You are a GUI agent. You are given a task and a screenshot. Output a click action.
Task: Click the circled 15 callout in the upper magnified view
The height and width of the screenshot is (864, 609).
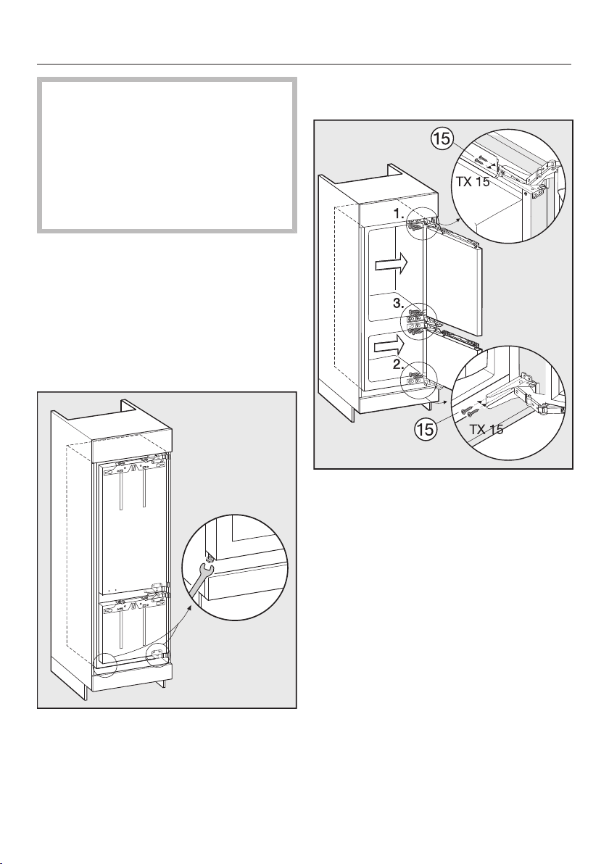(x=443, y=137)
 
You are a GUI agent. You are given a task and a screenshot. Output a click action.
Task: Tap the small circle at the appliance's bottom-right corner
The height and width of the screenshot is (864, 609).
(x=157, y=657)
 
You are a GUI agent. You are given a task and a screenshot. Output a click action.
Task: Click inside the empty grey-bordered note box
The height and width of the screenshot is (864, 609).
(x=166, y=155)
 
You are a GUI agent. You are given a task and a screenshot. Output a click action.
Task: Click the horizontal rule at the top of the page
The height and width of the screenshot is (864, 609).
(x=304, y=64)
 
